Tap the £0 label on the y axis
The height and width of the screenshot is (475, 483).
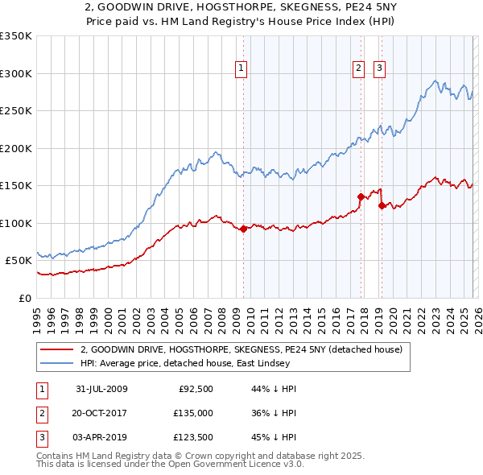[23, 298]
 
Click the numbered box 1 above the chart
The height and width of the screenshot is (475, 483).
[242, 69]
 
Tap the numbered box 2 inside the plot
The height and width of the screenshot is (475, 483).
[358, 69]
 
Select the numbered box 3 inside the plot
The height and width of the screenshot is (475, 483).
[379, 69]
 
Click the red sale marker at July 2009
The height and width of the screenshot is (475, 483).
[243, 229]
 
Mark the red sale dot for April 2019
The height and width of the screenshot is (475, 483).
[381, 205]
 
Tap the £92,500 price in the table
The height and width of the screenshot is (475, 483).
[196, 389]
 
